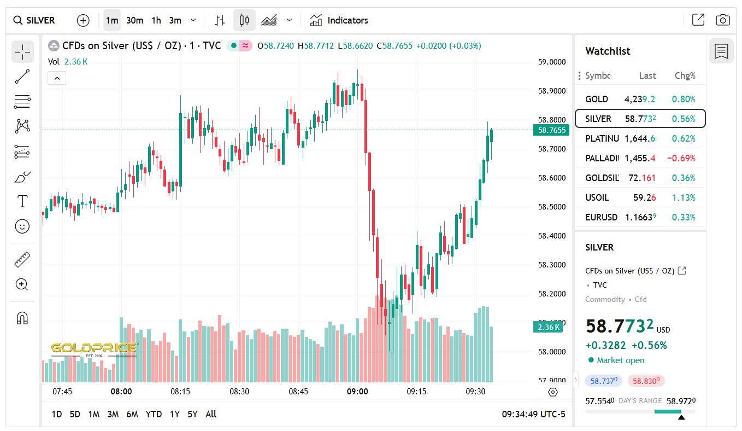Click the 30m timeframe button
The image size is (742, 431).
(134, 20)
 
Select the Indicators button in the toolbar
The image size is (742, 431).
(339, 20)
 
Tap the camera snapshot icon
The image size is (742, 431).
(722, 20)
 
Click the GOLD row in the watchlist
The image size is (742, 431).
(640, 99)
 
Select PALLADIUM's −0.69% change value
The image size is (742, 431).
(681, 158)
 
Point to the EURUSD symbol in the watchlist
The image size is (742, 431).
(601, 217)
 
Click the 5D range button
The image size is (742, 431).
(74, 414)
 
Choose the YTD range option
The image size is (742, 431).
(154, 414)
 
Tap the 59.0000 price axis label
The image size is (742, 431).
(551, 62)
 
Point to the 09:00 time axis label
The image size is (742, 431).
(357, 391)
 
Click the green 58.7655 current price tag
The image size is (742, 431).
(551, 130)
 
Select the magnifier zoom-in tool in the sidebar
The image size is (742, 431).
(22, 284)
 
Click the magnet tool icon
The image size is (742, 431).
(22, 318)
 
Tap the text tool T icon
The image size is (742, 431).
(22, 201)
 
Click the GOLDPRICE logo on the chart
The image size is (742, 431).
(93, 348)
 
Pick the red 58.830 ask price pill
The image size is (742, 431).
(646, 381)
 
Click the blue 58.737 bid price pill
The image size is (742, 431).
(603, 381)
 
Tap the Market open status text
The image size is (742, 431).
(620, 360)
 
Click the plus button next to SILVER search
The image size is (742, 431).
(83, 20)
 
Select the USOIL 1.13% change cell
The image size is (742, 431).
(685, 197)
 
